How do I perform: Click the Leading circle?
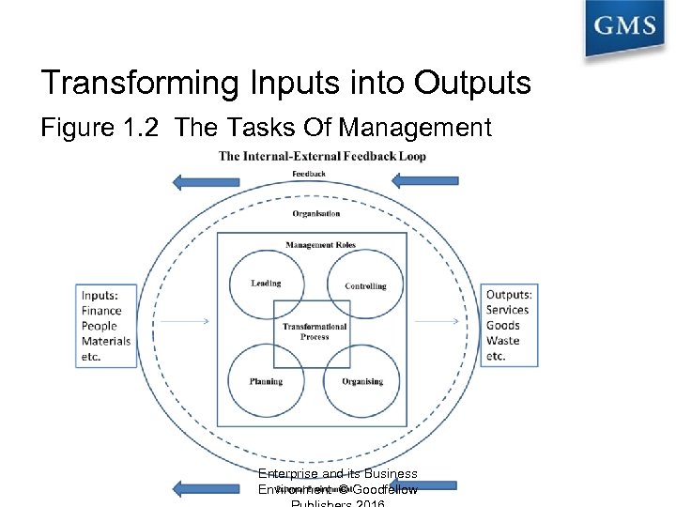click(x=267, y=283)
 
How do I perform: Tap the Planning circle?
click(x=267, y=381)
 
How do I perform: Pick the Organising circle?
click(x=363, y=381)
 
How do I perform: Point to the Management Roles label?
click(x=321, y=245)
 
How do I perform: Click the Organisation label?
click(x=316, y=213)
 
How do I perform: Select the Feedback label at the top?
click(x=309, y=174)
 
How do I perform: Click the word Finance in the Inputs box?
click(x=101, y=311)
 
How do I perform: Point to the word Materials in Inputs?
click(x=106, y=341)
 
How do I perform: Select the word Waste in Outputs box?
click(x=502, y=341)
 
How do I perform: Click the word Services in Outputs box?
click(x=507, y=310)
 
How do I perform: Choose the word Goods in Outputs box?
click(x=502, y=326)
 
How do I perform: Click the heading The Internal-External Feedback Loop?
click(x=322, y=156)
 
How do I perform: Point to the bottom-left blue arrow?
click(x=202, y=488)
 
